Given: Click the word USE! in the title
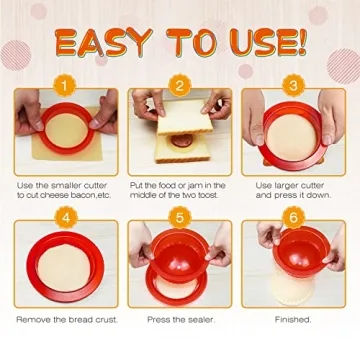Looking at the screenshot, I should (262, 43).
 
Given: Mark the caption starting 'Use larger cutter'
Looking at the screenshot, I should (292, 190).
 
